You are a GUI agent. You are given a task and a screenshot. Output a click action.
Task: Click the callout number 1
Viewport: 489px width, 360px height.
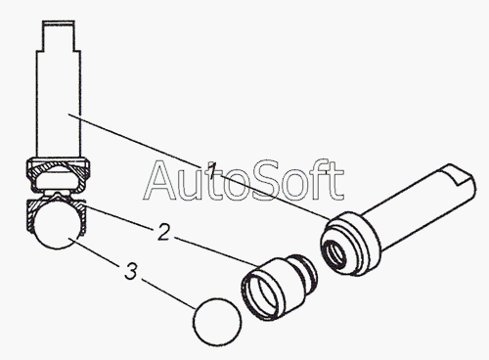[212, 170]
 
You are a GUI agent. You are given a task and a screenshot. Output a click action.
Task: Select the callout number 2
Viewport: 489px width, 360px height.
[163, 232]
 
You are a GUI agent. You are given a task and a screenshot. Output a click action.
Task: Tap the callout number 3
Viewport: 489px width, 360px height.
[131, 271]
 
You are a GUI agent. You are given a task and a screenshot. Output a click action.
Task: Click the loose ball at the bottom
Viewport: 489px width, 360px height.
[217, 322]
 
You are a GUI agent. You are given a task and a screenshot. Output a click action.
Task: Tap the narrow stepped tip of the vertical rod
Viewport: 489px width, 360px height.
[59, 36]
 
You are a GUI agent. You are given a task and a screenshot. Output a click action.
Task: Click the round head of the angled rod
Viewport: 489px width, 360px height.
[350, 244]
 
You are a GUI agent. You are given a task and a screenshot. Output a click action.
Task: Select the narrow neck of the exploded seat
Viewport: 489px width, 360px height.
[307, 271]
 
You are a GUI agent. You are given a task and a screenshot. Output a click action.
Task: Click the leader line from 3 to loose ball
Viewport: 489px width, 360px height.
[168, 293]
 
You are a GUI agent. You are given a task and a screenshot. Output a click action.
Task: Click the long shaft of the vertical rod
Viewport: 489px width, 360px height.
[59, 105]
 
